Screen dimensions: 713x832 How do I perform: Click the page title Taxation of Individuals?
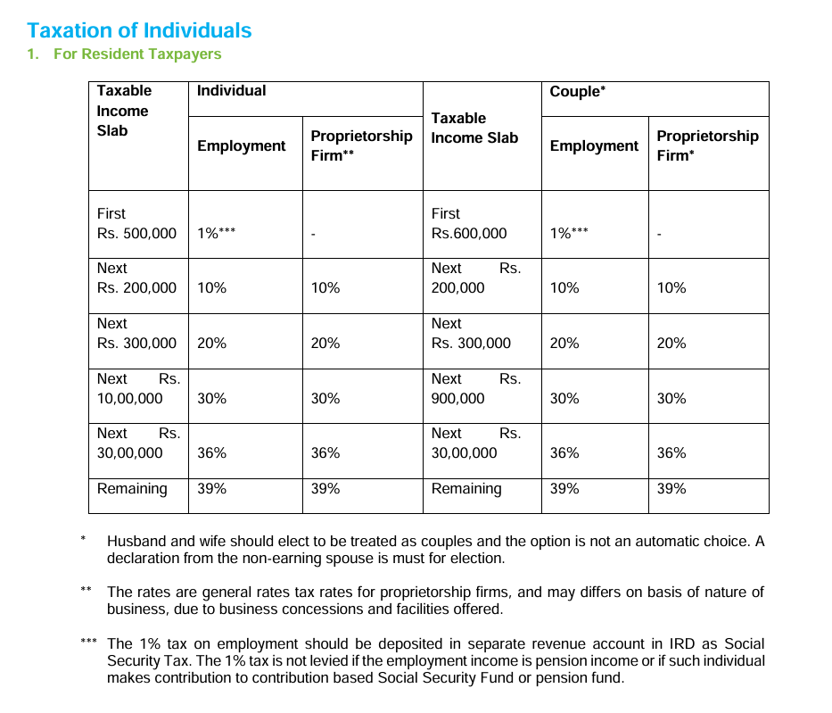pos(139,30)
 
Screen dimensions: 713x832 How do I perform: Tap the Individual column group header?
pos(231,90)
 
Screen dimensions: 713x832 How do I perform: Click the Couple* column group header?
pos(578,91)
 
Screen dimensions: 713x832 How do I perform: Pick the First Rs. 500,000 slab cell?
pos(136,224)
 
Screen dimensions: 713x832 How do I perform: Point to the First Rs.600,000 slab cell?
pos(468,224)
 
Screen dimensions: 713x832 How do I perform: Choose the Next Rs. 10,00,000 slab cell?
pos(138,389)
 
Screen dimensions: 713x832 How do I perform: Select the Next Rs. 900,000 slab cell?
pos(475,389)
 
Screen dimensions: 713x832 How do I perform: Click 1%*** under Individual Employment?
pos(216,234)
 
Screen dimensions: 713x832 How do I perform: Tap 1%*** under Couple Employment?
pos(569,234)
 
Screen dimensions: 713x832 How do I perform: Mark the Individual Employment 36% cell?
pos(211,452)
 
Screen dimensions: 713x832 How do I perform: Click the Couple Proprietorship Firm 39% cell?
pos(671,488)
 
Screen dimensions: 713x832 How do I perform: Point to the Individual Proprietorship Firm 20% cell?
pos(325,343)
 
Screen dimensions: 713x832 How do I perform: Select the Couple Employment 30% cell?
pos(564,398)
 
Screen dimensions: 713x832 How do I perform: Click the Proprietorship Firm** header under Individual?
pos(361,145)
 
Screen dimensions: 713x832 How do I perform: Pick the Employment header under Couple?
pos(594,145)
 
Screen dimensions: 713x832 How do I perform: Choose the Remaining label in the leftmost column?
pos(132,488)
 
